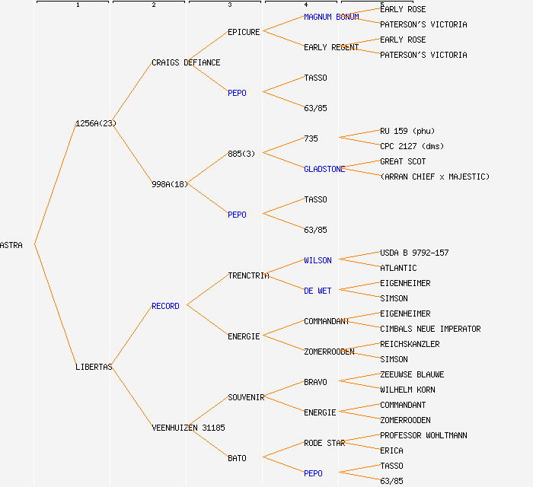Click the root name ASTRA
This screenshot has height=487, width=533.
click(11, 245)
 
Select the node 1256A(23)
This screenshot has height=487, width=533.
click(96, 123)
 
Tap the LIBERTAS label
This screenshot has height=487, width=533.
click(94, 367)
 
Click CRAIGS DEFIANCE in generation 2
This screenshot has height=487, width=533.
click(186, 62)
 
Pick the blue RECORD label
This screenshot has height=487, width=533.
click(165, 306)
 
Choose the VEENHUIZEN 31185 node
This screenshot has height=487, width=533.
click(188, 428)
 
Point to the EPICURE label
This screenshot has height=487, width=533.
click(244, 32)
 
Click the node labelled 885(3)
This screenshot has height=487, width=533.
click(241, 154)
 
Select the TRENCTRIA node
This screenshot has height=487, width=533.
click(248, 275)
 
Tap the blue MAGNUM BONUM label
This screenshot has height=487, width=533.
click(331, 17)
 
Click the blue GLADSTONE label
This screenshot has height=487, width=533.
click(324, 169)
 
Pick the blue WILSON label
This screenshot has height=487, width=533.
click(318, 260)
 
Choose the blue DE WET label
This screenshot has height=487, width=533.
click(318, 291)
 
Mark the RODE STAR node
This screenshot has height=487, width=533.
click(324, 443)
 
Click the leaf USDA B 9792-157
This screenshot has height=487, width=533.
click(414, 253)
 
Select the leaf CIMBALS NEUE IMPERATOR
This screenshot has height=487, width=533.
click(430, 329)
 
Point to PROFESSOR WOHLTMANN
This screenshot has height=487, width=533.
click(423, 435)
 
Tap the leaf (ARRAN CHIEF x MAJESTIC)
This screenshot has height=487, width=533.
click(435, 177)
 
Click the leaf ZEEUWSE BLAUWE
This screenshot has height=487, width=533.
click(412, 374)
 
